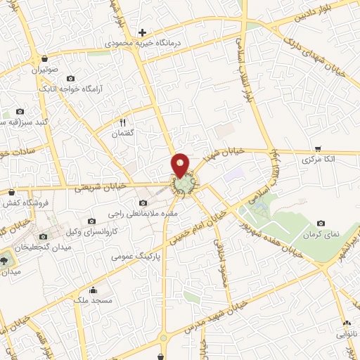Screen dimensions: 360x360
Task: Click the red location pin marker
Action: (x=181, y=166)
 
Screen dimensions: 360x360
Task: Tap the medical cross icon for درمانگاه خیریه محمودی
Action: (x=142, y=32)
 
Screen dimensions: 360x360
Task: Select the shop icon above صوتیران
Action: (x=45, y=59)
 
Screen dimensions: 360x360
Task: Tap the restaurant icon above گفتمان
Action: (x=123, y=122)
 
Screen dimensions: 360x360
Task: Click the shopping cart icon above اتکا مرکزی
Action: (x=318, y=149)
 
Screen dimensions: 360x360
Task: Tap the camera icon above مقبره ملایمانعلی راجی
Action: (x=143, y=203)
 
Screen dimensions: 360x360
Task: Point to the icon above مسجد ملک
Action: (x=93, y=290)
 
